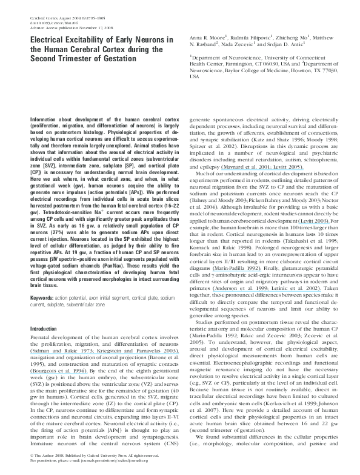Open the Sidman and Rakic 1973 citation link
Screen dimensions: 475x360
coord(56,351)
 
